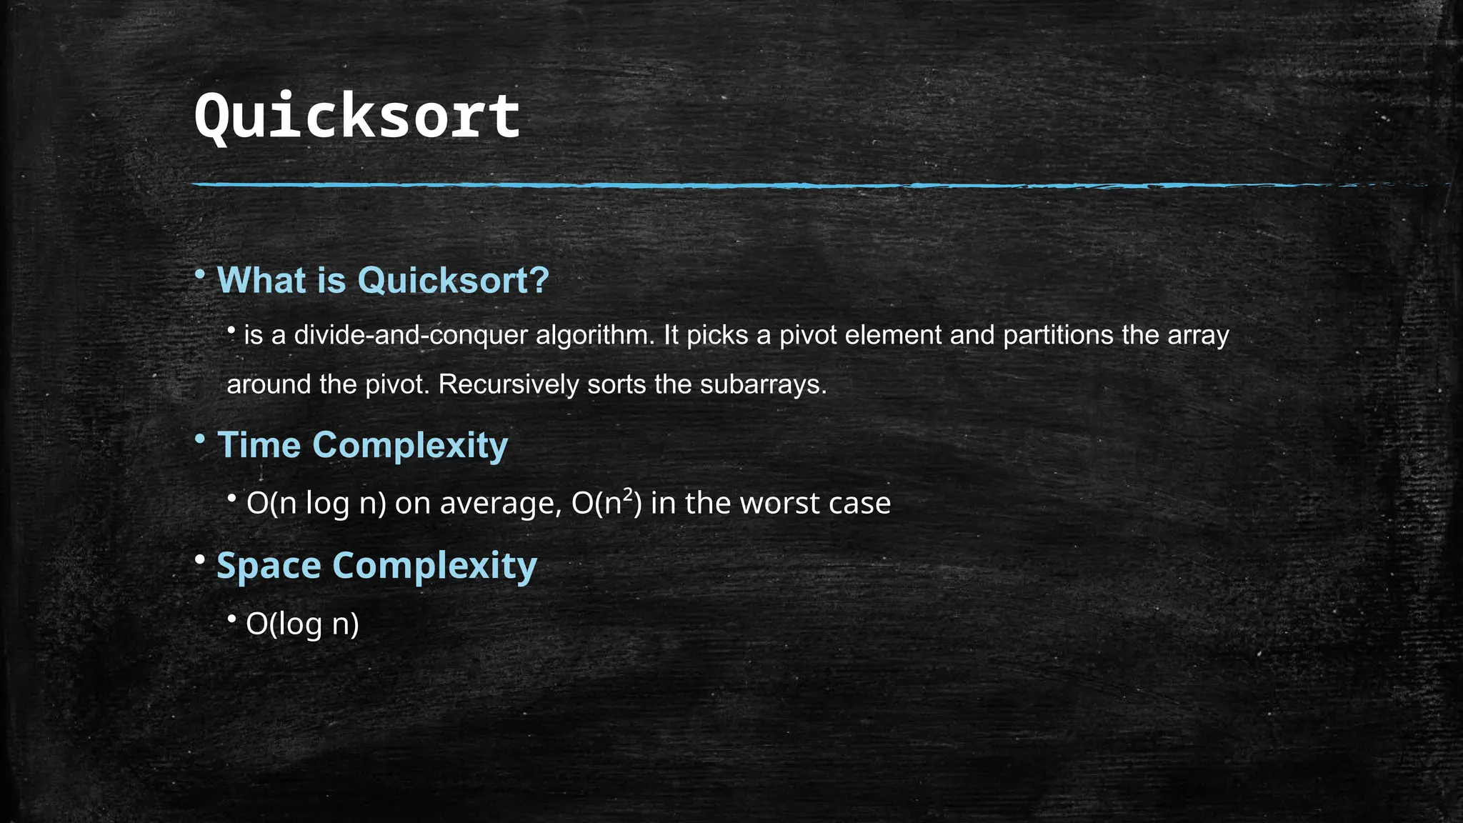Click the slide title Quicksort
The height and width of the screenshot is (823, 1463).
click(356, 116)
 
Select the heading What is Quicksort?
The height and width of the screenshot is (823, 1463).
click(383, 280)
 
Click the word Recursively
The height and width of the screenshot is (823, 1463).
click(509, 384)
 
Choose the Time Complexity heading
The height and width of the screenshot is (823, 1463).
click(362, 445)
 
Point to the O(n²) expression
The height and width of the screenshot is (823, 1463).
click(606, 504)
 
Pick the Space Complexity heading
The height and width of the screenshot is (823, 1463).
click(376, 566)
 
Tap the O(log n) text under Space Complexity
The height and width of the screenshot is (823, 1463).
click(302, 624)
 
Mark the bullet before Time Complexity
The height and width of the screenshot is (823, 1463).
click(201, 439)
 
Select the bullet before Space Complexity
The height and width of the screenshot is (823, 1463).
click(201, 559)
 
